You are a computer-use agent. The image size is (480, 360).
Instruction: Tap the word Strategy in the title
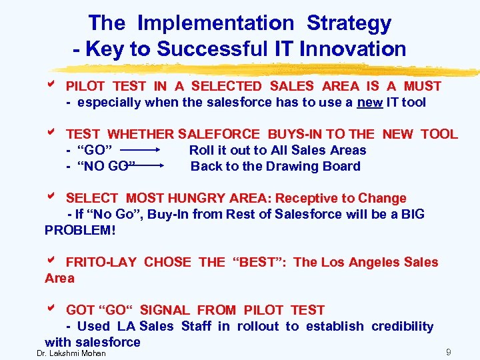click(x=349, y=23)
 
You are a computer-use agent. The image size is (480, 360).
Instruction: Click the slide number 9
click(x=449, y=351)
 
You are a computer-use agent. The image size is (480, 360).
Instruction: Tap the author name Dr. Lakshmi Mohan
click(x=71, y=353)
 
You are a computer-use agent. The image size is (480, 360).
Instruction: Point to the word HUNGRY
click(x=194, y=199)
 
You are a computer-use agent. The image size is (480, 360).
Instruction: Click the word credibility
click(x=402, y=327)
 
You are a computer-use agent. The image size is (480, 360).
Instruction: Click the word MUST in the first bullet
click(x=421, y=87)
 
